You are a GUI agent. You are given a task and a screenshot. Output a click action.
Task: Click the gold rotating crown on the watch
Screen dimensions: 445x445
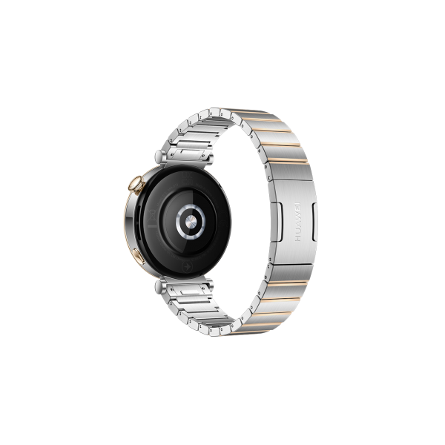pyautogui.click(x=136, y=185)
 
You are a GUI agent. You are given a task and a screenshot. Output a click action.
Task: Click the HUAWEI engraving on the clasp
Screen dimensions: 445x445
pyautogui.click(x=297, y=222)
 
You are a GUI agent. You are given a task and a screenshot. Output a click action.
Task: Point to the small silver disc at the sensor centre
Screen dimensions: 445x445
pyautogui.click(x=191, y=221)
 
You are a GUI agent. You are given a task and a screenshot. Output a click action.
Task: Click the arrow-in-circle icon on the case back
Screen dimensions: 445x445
pyautogui.click(x=188, y=266)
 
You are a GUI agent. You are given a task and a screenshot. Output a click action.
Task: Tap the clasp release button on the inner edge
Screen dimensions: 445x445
pyautogui.click(x=277, y=222)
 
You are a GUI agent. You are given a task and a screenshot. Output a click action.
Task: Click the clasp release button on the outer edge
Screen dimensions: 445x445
pyautogui.click(x=314, y=222)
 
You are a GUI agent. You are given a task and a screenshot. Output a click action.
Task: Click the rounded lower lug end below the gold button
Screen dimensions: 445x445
pyautogui.click(x=160, y=286)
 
